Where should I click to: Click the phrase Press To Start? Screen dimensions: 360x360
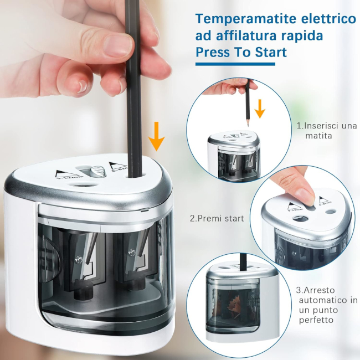pos(241,53)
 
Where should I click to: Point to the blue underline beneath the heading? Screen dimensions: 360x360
pos(235,64)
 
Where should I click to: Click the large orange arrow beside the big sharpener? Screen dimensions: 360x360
pos(156,136)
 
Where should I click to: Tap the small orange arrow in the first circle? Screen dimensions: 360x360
pos(260,109)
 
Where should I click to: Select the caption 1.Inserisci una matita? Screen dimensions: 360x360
pos(327,131)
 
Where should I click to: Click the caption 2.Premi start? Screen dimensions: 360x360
pos(217,218)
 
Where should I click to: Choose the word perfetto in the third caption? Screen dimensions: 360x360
pos(316,320)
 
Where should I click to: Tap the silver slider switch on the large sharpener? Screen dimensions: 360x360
pos(97,171)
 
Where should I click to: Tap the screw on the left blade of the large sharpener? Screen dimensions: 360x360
pos(80,260)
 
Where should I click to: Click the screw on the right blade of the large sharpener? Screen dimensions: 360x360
pos(132,253)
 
